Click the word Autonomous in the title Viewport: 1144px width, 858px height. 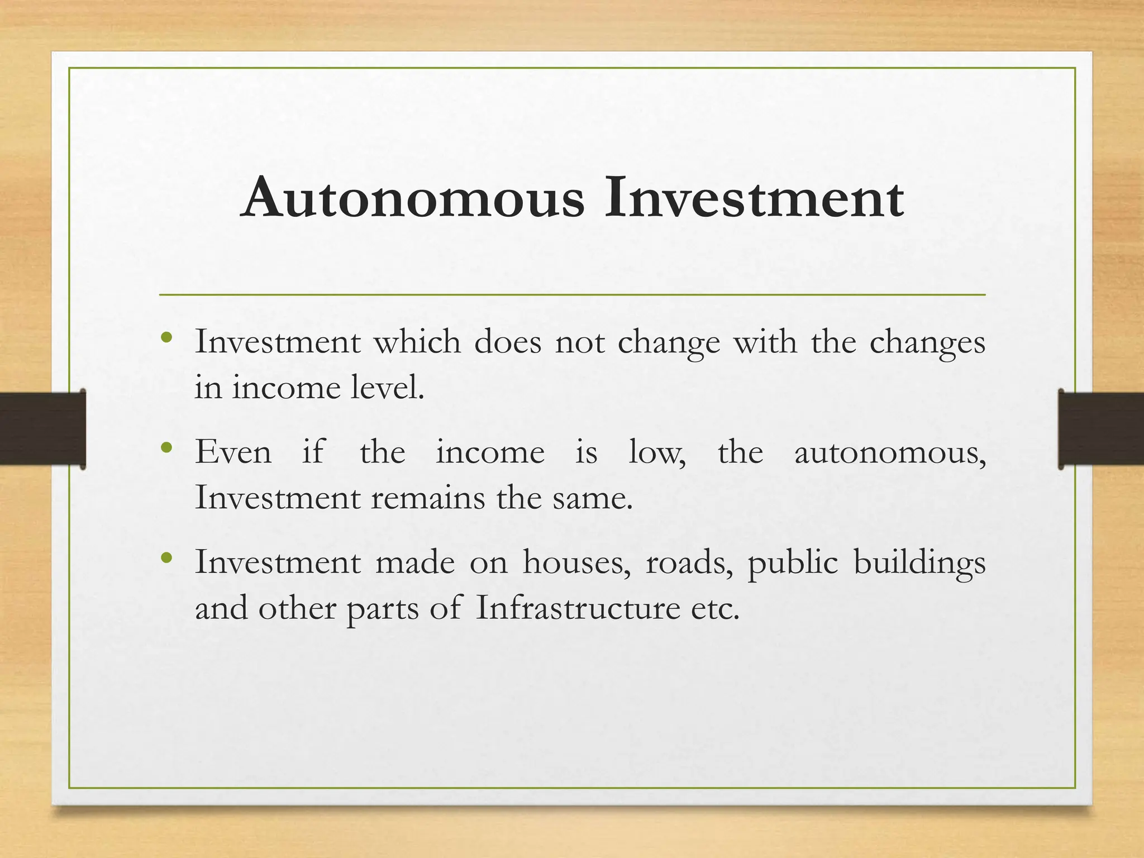(x=414, y=198)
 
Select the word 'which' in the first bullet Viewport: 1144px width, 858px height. (x=417, y=341)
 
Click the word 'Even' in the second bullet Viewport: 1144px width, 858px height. (x=233, y=452)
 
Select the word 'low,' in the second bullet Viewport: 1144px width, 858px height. (x=657, y=452)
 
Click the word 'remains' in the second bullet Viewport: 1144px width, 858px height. (x=428, y=498)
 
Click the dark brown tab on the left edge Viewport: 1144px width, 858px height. (x=42, y=428)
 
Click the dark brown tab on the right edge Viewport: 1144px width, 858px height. (x=1100, y=428)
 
